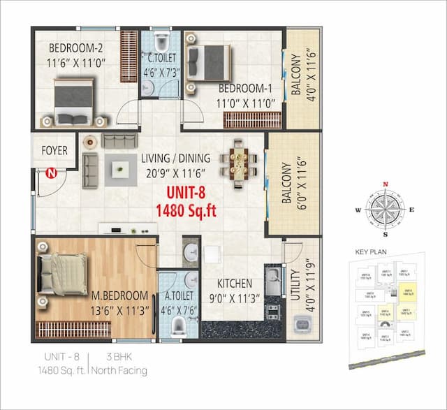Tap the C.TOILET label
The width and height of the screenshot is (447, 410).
click(161, 58)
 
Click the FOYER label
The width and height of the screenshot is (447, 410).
click(54, 150)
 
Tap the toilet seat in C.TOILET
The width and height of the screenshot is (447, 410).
click(162, 38)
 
